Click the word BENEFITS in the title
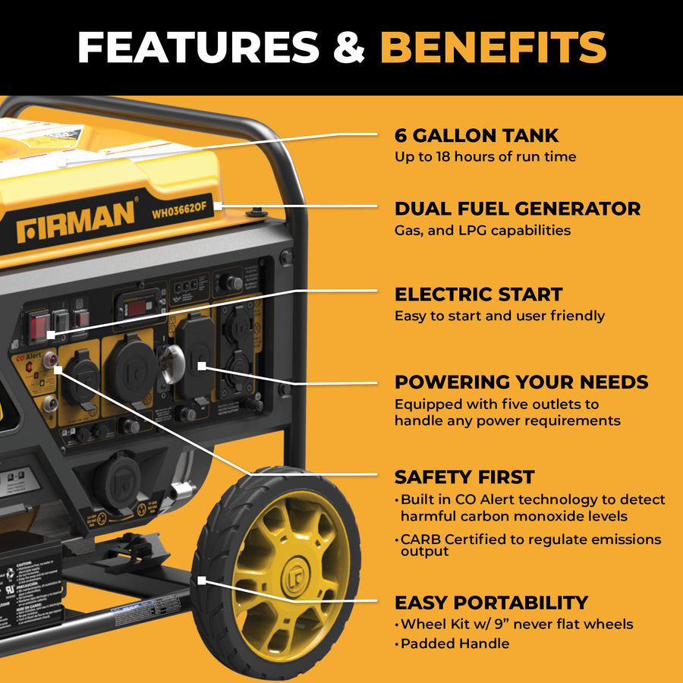pos(493,47)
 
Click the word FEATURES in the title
pos(198,47)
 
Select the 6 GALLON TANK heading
pos(477,136)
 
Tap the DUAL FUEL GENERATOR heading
pos(518,209)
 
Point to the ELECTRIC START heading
pos(478,294)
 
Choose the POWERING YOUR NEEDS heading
pos(521,382)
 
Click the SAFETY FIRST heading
pos(464,477)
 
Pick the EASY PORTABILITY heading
pos(491,603)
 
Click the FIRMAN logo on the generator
pos(76,220)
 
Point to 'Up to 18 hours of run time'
pos(485,157)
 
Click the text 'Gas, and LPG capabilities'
pos(482,230)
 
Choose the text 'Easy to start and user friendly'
pos(499,316)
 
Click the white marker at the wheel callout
pos(203,580)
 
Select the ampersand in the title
pos(349,47)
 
